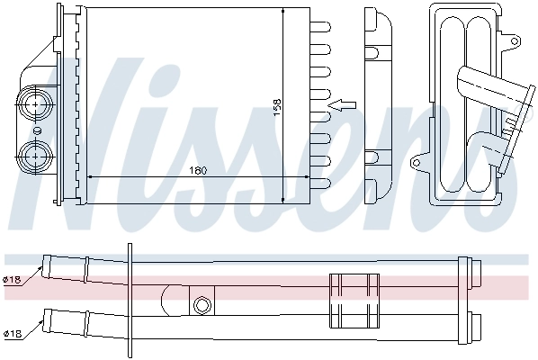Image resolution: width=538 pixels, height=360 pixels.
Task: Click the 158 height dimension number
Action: click(x=277, y=105)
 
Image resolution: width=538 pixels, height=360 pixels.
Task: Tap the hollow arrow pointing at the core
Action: click(x=342, y=105)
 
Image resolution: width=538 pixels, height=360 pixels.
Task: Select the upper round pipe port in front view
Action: click(x=37, y=104)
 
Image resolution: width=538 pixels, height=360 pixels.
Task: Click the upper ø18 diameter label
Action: click(x=13, y=280)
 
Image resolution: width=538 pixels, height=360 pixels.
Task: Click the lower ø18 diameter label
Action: click(x=13, y=334)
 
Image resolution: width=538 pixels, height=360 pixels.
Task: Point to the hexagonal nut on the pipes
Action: click(x=202, y=304)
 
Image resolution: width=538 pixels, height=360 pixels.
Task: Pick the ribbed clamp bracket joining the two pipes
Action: click(x=353, y=299)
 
